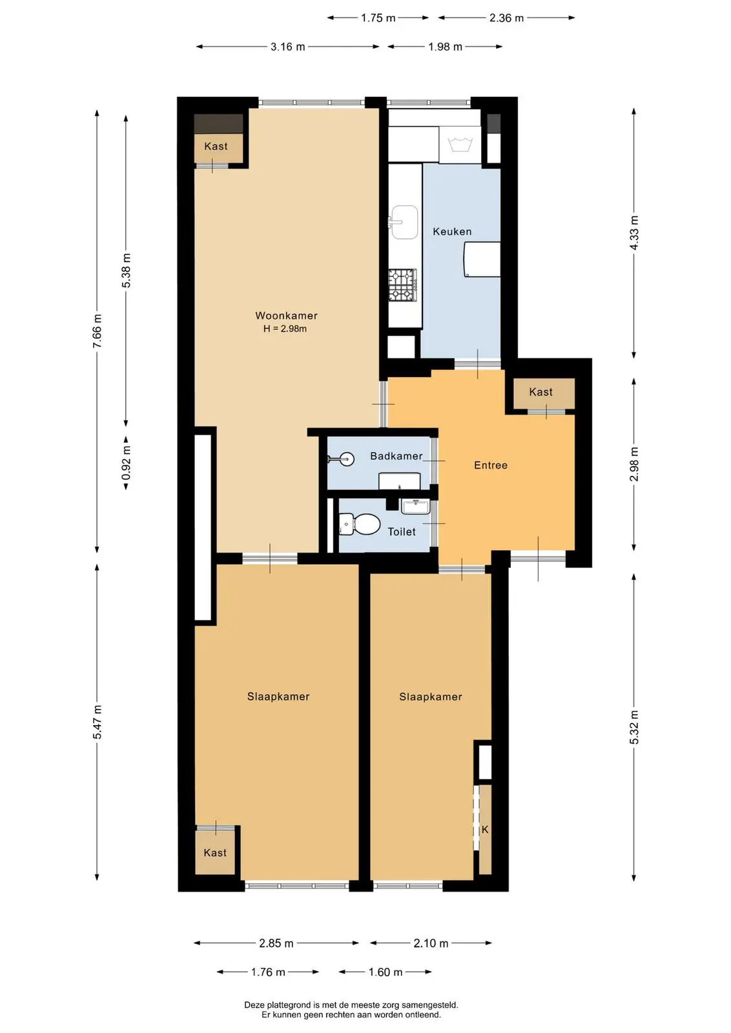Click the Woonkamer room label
click(x=287, y=316)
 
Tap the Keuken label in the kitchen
click(x=452, y=232)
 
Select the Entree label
click(x=491, y=465)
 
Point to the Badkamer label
click(x=396, y=456)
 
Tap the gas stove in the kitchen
click(x=402, y=285)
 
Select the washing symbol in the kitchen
click(x=460, y=144)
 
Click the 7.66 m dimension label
click(x=97, y=331)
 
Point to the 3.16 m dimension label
click(x=288, y=47)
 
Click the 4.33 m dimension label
click(x=634, y=232)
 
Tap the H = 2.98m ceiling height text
click(x=285, y=329)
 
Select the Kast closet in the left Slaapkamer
click(x=216, y=853)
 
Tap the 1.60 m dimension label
click(x=386, y=972)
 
